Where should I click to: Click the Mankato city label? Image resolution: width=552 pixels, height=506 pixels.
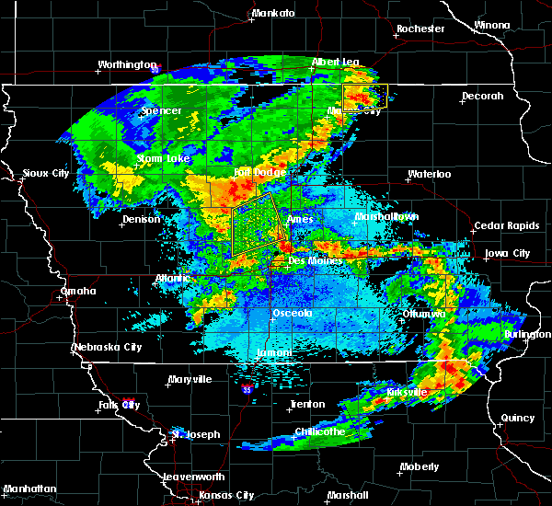273,13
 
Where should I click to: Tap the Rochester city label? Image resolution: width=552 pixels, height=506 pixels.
420,29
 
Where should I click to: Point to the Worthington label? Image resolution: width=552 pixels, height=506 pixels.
128,64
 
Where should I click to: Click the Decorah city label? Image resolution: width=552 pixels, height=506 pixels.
483,96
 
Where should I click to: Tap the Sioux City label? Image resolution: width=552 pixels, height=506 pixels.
46,172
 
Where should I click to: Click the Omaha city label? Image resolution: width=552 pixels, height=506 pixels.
78,291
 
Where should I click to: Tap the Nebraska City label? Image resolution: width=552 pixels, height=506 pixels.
107,347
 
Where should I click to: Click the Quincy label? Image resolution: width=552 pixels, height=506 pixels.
518,418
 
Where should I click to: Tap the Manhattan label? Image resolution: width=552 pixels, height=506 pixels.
29,488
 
